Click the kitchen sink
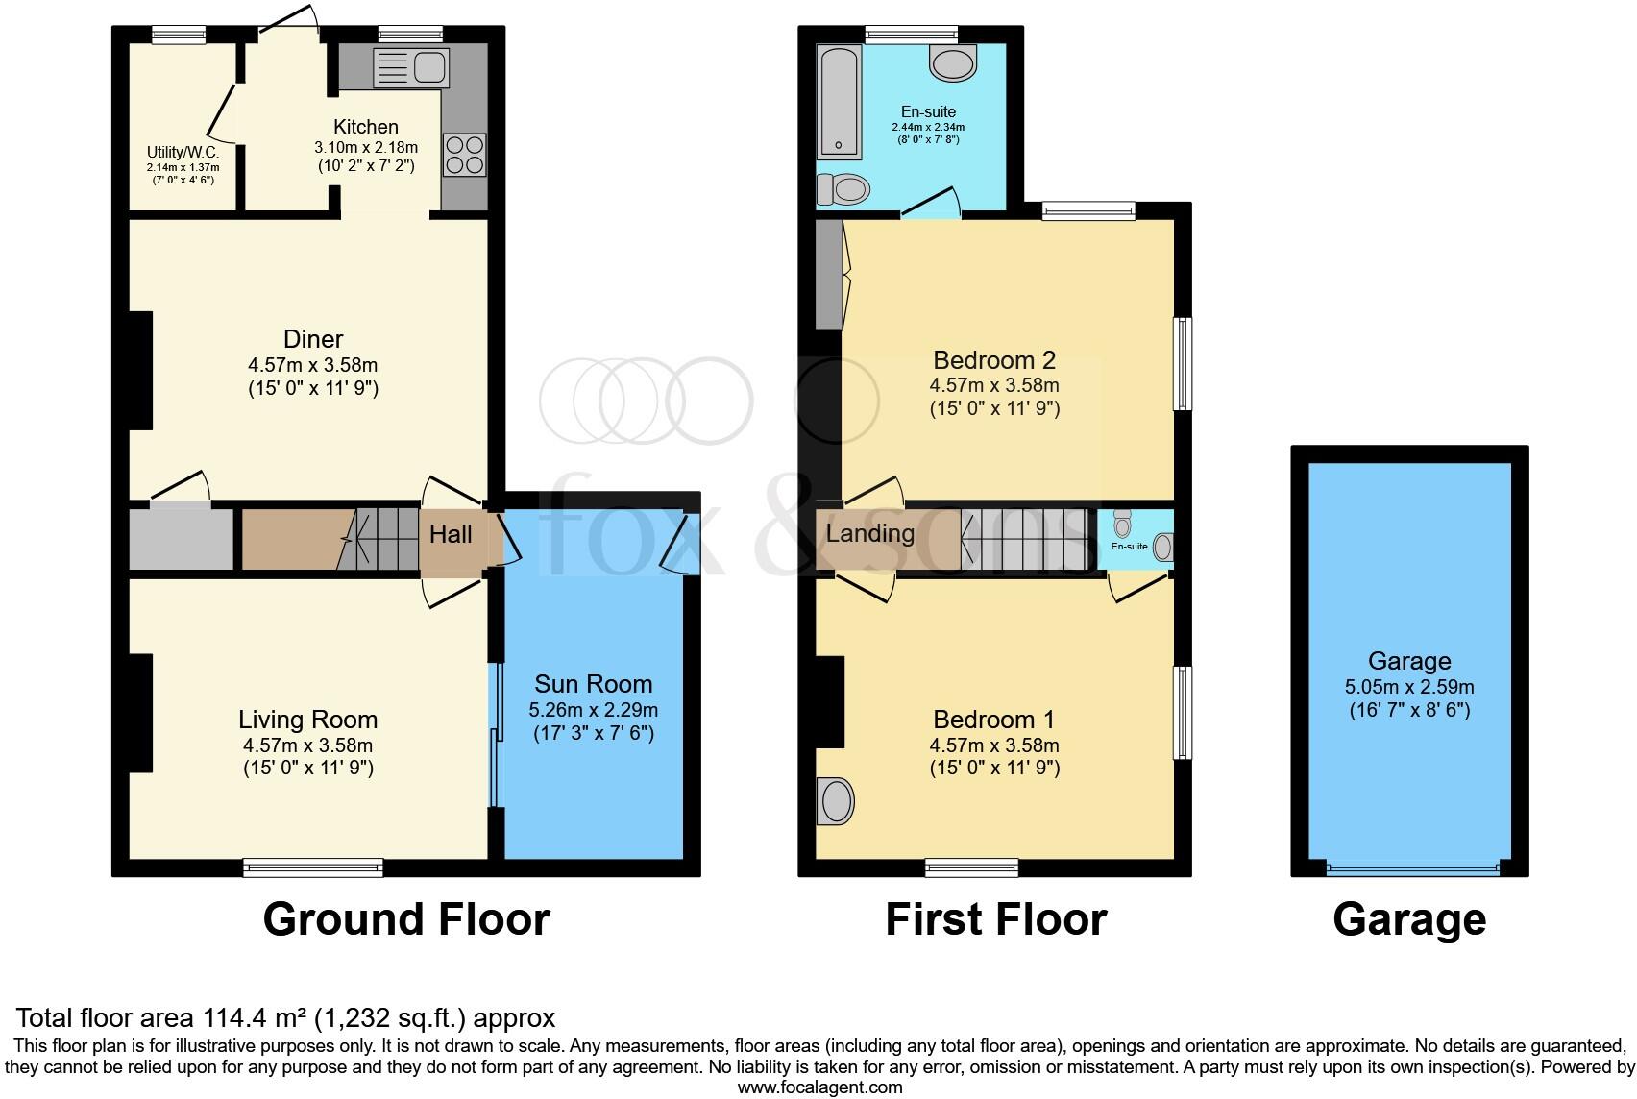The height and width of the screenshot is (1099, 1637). pyautogui.click(x=411, y=67)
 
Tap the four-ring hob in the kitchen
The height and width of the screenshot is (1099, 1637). pyautogui.click(x=465, y=155)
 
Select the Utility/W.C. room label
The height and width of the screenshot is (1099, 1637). pyautogui.click(x=183, y=152)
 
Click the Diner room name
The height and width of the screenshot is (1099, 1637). pyautogui.click(x=313, y=339)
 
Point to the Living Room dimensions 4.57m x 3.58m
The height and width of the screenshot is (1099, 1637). pyautogui.click(x=308, y=745)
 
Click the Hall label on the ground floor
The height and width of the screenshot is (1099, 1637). pyautogui.click(x=451, y=534)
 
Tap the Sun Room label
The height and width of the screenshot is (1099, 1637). pyautogui.click(x=593, y=684)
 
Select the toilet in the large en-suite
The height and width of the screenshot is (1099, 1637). pyautogui.click(x=843, y=189)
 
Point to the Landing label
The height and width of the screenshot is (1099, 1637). pyautogui.click(x=870, y=533)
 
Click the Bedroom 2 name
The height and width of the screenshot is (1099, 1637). pyautogui.click(x=994, y=360)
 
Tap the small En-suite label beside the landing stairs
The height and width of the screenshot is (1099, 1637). pyautogui.click(x=1129, y=546)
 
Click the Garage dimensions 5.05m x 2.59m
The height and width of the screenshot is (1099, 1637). pyautogui.click(x=1409, y=688)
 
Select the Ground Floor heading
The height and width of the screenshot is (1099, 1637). pyautogui.click(x=405, y=919)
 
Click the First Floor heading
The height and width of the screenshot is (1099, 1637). pyautogui.click(x=995, y=919)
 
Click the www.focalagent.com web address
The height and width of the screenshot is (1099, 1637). pyautogui.click(x=819, y=1087)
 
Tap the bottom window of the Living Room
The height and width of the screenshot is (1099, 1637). pyautogui.click(x=313, y=867)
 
